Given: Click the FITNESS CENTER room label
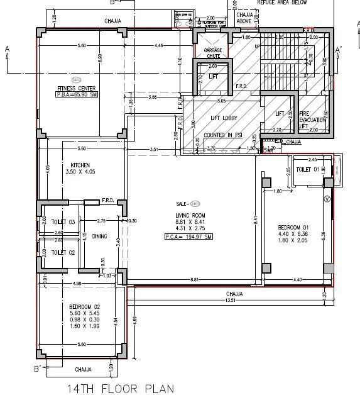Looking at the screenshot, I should pyautogui.click(x=77, y=87).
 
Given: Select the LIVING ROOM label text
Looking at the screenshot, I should pyautogui.click(x=190, y=216).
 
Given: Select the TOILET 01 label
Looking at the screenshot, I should pyautogui.click(x=307, y=169).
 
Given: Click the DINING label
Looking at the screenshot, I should pyautogui.click(x=99, y=237).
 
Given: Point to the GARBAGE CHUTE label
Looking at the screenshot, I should pyautogui.click(x=212, y=54).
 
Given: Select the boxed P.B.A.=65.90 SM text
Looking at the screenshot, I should pyautogui.click(x=77, y=95).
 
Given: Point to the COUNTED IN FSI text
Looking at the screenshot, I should pyautogui.click(x=220, y=135).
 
